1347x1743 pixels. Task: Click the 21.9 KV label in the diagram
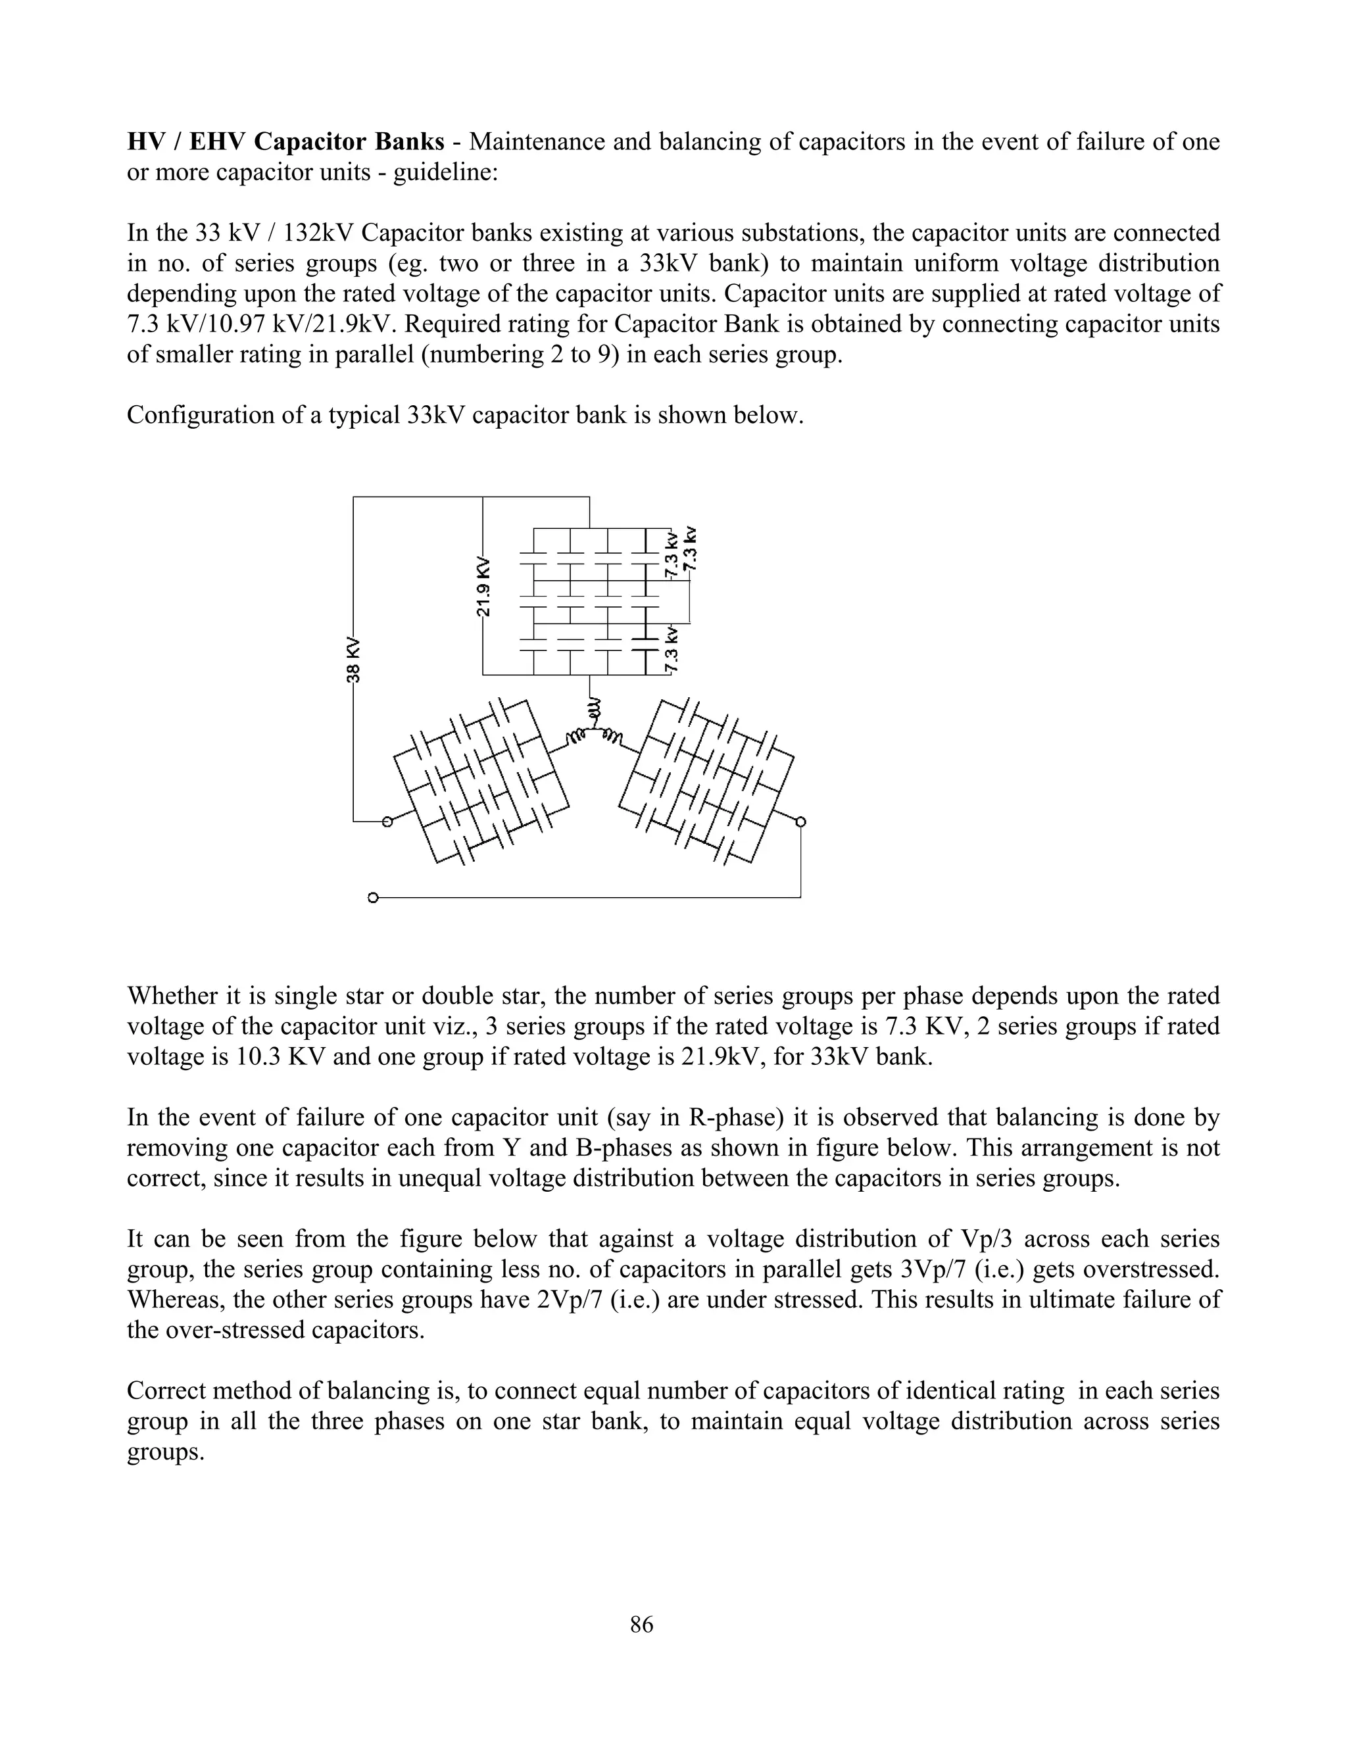pos(483,587)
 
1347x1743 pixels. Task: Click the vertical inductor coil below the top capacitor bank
pos(592,706)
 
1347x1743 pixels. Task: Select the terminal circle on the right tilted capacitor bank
pos(800,822)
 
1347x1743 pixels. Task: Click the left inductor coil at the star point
pos(575,736)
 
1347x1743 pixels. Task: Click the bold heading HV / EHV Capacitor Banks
pos(285,141)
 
